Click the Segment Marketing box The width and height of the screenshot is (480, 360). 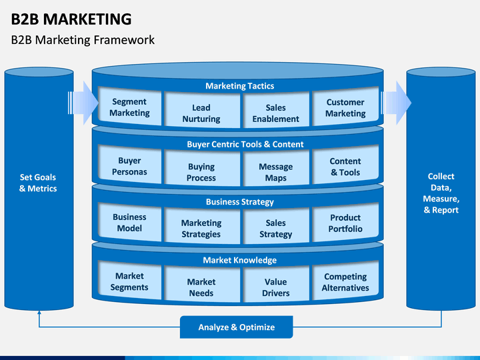coord(129,107)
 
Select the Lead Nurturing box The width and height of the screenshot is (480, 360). coord(201,113)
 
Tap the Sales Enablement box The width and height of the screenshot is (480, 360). coord(275,113)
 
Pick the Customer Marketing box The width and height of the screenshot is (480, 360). coord(345,107)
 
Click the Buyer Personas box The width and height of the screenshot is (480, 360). coord(129,166)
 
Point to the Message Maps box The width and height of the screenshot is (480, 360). coord(275,172)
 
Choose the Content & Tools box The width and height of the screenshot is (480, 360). coord(345,167)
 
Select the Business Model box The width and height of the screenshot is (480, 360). coord(129,223)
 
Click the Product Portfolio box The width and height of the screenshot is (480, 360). coord(345,223)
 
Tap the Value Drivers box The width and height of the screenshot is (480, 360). coord(275,287)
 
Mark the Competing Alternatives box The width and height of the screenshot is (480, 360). coord(345,282)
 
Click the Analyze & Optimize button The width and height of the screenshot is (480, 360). coord(237,327)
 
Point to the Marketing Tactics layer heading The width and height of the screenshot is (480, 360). coord(239,86)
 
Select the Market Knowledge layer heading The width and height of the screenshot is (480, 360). coord(239,260)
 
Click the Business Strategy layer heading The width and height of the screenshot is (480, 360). coord(239,202)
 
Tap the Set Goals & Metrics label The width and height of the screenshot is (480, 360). coord(38,183)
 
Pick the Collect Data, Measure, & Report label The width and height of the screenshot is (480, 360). coord(441,193)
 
